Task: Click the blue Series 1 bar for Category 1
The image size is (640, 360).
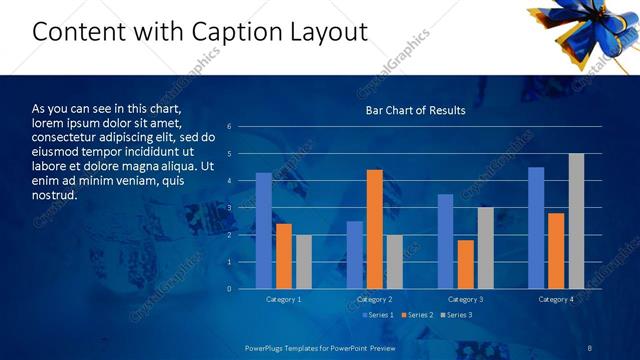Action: [x=264, y=231]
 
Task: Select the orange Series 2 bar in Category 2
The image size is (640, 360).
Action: [x=375, y=229]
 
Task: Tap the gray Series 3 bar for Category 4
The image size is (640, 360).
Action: [x=576, y=221]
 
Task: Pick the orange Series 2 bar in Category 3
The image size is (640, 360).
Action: [x=465, y=264]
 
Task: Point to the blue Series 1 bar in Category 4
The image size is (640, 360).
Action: [x=536, y=228]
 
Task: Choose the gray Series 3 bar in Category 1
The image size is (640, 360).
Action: [x=304, y=262]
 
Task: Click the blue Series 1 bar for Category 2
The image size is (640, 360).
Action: [x=355, y=255]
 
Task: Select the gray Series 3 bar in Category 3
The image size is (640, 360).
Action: [x=485, y=248]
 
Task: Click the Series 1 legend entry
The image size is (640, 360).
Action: [x=376, y=315]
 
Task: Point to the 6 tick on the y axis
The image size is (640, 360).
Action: [x=230, y=127]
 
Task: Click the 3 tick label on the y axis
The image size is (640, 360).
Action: [x=230, y=208]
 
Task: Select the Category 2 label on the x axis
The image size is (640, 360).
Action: [x=375, y=299]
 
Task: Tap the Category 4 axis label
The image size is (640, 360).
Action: [x=556, y=299]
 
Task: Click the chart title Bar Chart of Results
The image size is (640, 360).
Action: [x=415, y=110]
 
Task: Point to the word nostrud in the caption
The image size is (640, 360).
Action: [x=55, y=194]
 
